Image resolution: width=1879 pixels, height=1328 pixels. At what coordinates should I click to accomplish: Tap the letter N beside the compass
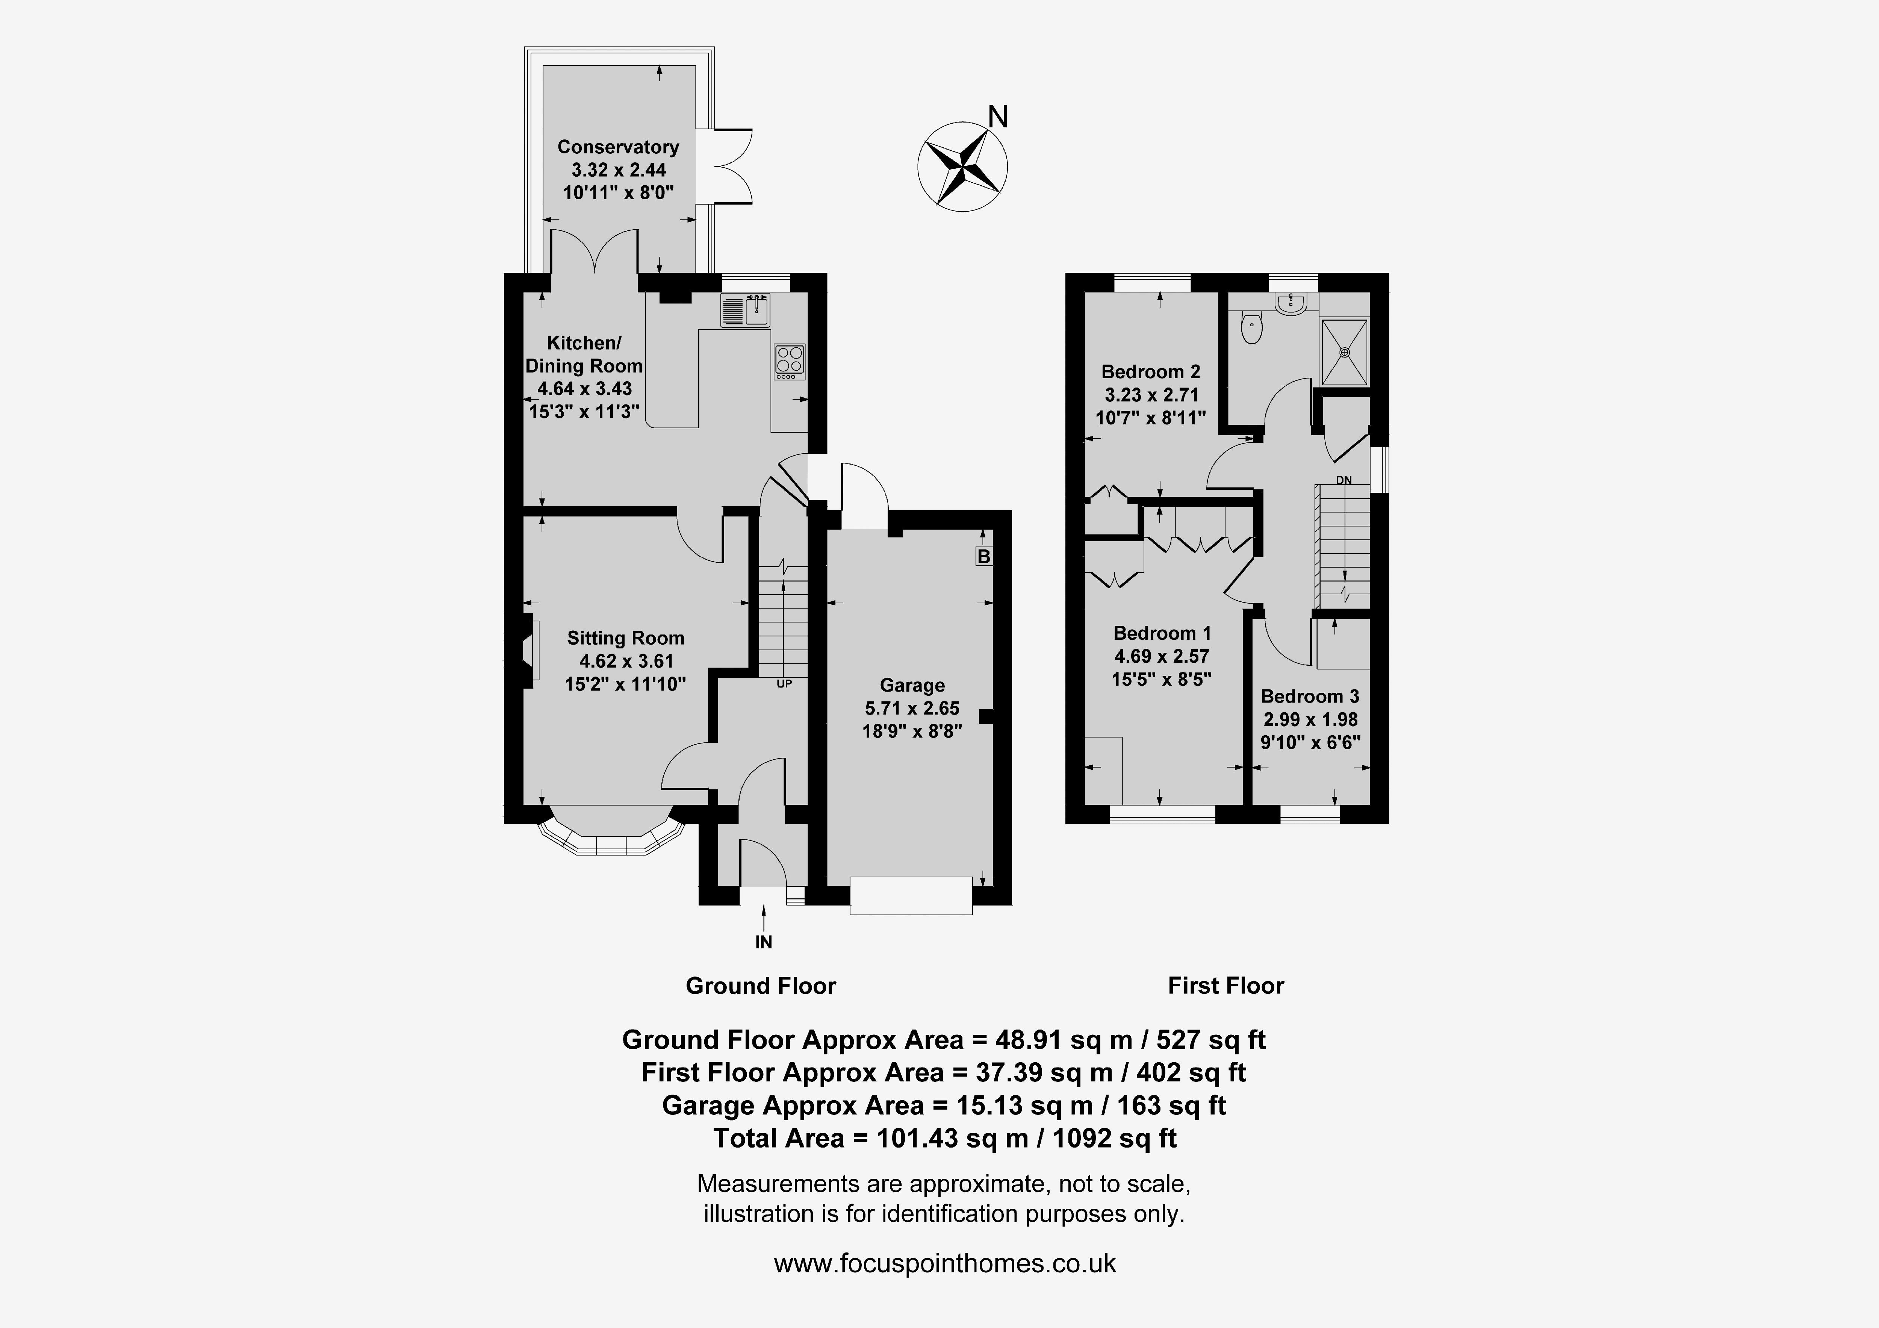click(x=998, y=117)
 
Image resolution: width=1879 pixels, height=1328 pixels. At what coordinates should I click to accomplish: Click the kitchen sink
click(x=745, y=309)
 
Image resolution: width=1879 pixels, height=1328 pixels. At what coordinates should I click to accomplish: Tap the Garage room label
click(x=912, y=685)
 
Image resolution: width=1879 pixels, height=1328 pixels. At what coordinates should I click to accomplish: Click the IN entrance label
click(x=764, y=942)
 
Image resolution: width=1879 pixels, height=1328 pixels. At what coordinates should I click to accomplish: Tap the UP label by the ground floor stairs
click(x=784, y=684)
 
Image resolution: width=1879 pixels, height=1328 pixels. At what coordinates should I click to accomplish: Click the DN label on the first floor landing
click(x=1344, y=481)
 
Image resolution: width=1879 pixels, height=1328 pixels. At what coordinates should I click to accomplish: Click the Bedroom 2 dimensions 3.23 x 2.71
click(x=1151, y=395)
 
